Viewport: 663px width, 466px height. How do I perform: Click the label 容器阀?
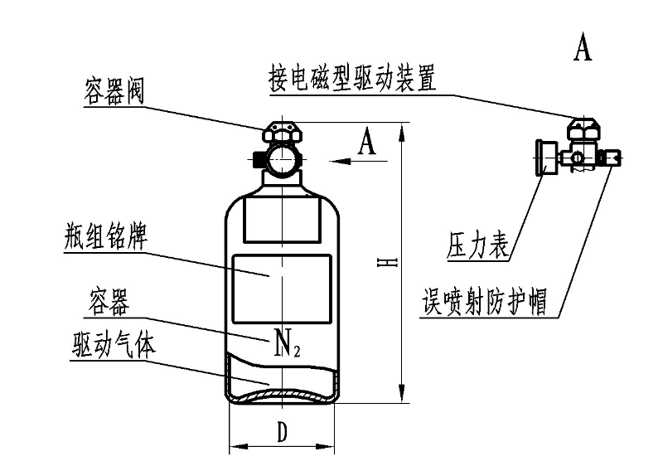coord(114,90)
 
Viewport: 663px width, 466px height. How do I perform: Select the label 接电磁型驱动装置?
coord(352,78)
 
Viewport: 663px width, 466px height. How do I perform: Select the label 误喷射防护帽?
coord(482,302)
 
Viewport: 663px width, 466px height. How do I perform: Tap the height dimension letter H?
coord(387,263)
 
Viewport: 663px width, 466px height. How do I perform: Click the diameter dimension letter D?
coord(282,431)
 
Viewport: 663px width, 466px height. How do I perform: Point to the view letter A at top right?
coord(583,47)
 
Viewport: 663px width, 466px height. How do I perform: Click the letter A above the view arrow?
coord(367,143)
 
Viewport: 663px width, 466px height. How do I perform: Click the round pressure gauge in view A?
coord(544,158)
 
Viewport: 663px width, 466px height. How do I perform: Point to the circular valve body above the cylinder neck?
coord(282,158)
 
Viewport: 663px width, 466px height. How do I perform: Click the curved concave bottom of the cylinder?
coord(282,396)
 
